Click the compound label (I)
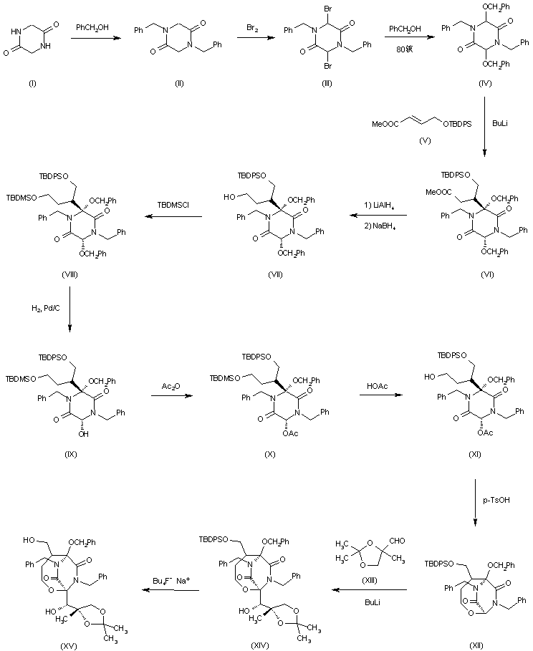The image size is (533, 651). [32, 85]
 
